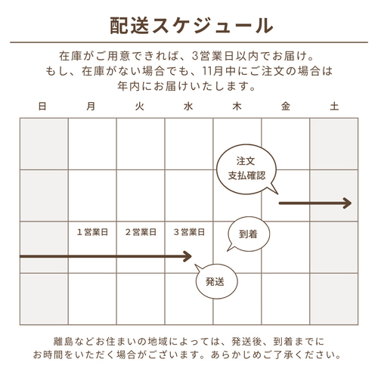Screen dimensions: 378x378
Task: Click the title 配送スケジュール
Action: coord(191,26)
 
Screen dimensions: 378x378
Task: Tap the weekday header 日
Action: coord(42,107)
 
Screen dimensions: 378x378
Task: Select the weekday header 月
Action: coord(91,107)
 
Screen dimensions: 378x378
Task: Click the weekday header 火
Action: coord(139,107)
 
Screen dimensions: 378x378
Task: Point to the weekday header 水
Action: coord(188,107)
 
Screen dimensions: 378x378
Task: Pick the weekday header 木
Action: coord(237,107)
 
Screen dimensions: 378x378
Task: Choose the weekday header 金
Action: coord(286,107)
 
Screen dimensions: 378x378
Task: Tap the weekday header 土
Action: coord(334,107)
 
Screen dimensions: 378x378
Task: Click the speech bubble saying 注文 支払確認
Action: coord(246,169)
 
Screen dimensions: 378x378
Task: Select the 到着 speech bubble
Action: coord(249,234)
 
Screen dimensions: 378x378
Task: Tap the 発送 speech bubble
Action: coord(216,281)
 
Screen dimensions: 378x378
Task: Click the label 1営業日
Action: coord(92,232)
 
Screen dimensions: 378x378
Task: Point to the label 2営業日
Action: coord(141,232)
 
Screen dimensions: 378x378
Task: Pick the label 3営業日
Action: coord(189,232)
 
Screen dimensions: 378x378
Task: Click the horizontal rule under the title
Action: coord(189,42)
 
